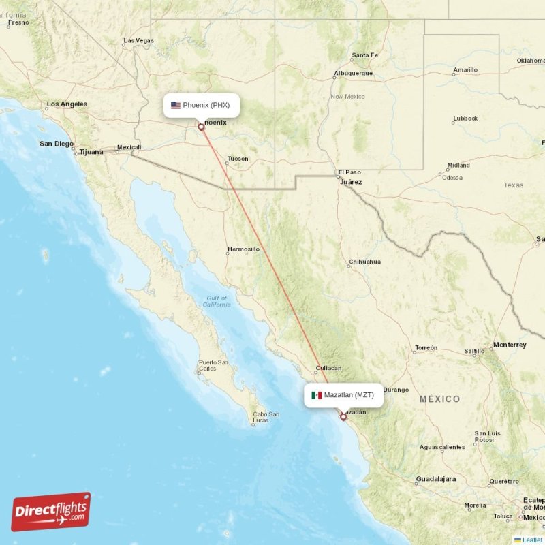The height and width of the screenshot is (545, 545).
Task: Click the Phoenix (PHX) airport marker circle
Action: (x=201, y=127)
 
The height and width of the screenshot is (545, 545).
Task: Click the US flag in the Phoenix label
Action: (x=176, y=105)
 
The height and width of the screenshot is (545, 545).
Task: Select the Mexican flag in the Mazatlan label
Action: (x=317, y=395)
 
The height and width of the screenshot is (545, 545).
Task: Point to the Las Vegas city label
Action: (x=139, y=41)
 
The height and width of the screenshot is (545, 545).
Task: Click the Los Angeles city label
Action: (x=67, y=104)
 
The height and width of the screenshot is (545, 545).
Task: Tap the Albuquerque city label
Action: (x=353, y=73)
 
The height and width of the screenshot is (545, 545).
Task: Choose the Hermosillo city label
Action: (x=243, y=249)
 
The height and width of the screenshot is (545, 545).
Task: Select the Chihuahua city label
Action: (x=364, y=262)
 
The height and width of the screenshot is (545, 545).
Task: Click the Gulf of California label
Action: (x=217, y=301)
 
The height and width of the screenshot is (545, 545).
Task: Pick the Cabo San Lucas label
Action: (x=265, y=418)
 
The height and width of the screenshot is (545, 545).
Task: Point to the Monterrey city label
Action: (x=510, y=345)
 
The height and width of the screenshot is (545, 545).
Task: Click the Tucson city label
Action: (x=238, y=159)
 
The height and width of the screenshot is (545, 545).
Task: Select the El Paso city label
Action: (x=350, y=172)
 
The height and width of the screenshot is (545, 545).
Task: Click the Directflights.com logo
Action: (x=50, y=512)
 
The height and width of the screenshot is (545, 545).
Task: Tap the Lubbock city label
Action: (x=465, y=119)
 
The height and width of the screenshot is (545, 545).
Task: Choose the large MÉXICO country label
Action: (x=439, y=399)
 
